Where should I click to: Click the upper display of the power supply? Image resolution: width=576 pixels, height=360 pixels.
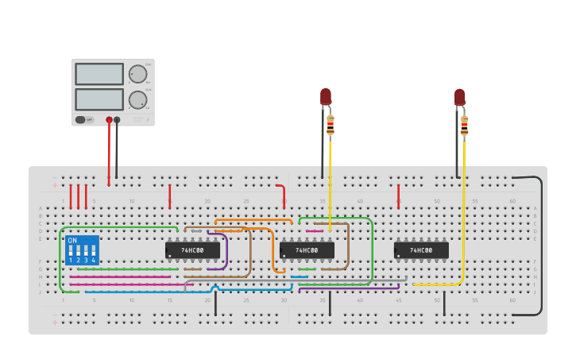[x=99, y=74]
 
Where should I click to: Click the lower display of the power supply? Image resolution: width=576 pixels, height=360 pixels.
[x=99, y=99]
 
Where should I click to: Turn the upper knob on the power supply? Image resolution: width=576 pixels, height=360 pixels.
[x=138, y=74]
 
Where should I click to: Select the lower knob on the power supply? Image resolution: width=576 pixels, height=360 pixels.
[x=138, y=100]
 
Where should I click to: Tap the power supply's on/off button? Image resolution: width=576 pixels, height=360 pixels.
[x=81, y=120]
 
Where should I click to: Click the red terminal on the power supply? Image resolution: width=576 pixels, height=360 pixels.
[x=109, y=120]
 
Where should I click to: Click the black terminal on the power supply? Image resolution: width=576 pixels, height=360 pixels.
[x=117, y=120]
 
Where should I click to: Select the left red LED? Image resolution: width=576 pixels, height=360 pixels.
[x=326, y=96]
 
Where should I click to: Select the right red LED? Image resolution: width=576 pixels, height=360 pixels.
[x=460, y=97]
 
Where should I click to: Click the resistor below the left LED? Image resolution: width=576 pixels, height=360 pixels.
[x=331, y=125]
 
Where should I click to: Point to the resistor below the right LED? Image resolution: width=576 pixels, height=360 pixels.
[x=465, y=125]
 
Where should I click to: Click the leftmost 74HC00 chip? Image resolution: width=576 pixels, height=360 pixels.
[x=192, y=250]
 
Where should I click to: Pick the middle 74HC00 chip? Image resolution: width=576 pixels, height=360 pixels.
[x=307, y=250]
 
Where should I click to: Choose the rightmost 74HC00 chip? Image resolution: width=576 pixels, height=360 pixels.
[x=421, y=250]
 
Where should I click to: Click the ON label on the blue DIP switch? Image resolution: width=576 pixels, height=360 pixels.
[x=72, y=240]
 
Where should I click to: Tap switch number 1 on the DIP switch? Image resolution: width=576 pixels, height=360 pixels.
[x=71, y=251]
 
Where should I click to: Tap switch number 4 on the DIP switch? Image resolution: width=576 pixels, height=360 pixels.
[x=93, y=251]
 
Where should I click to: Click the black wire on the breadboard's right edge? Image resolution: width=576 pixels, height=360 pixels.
[x=542, y=246]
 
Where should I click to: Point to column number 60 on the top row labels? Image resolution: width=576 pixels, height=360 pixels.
[x=512, y=201]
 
